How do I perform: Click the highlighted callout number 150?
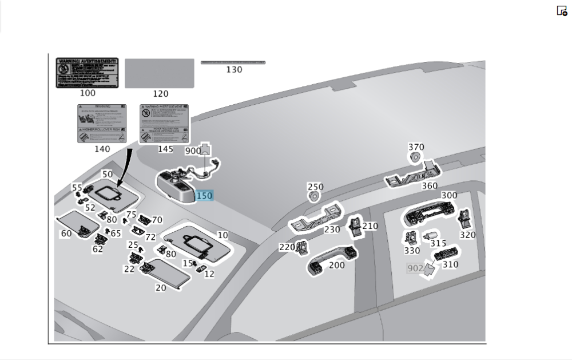(204, 196)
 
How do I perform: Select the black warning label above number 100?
(87, 72)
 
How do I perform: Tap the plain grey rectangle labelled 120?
(159, 73)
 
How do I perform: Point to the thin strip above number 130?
(233, 62)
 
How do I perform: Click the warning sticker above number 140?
(102, 123)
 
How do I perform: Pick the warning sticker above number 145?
(165, 123)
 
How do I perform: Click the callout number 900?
(193, 151)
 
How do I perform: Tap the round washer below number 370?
(415, 157)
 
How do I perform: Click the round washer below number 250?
(313, 196)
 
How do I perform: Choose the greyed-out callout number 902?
(415, 268)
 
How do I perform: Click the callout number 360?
(429, 185)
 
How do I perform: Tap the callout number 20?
(161, 288)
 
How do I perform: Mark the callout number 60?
(66, 234)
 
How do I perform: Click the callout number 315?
(438, 243)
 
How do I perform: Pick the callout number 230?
(332, 229)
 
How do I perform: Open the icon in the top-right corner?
(562, 10)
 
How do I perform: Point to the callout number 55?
(77, 187)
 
